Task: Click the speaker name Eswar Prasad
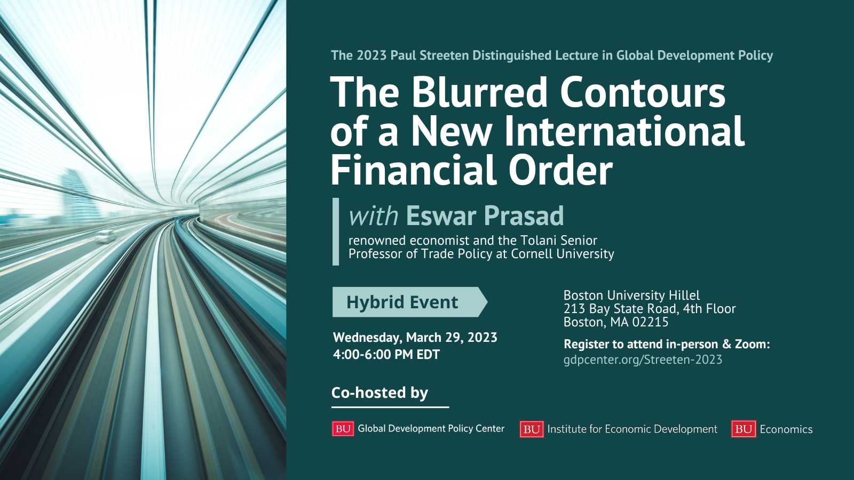point(485,215)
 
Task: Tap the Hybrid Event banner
point(410,302)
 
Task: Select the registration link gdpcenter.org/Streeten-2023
point(643,359)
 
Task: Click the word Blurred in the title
point(479,92)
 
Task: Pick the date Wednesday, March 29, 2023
point(415,338)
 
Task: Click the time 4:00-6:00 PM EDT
point(386,354)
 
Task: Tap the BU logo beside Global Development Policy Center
point(343,429)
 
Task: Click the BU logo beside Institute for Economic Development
point(532,429)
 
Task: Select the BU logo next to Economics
point(744,429)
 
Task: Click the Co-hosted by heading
point(379,393)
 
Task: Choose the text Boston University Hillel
point(632,295)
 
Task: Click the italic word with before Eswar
point(374,216)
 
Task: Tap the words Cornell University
point(563,254)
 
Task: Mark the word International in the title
point(624,131)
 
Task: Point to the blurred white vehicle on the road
point(106,236)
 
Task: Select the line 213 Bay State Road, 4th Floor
point(650,309)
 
